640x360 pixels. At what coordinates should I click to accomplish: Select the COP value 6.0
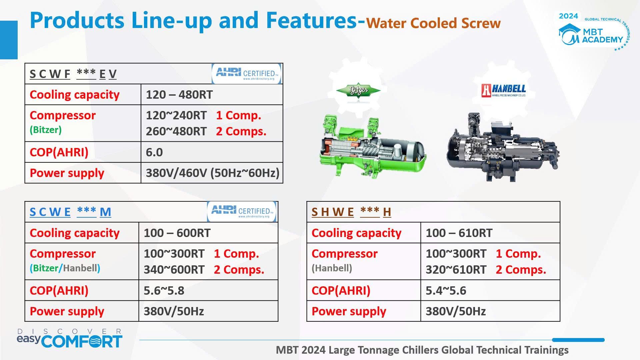tap(154, 152)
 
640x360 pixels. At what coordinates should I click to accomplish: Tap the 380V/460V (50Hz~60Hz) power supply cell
tap(212, 173)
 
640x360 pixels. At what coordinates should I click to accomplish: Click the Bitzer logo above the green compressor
tap(358, 90)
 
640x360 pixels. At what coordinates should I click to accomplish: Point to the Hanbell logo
tap(503, 90)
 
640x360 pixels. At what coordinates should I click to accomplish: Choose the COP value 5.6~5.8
tap(164, 291)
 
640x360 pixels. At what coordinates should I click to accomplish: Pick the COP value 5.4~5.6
tap(446, 291)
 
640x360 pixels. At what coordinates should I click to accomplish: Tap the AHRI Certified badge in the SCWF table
tap(247, 74)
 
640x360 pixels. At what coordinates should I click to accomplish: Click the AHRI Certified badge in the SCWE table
tap(242, 212)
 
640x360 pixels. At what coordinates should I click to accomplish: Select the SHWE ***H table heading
tap(351, 212)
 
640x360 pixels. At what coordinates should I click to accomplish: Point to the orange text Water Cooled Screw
tap(433, 23)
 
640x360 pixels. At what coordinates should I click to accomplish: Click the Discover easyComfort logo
tap(70, 338)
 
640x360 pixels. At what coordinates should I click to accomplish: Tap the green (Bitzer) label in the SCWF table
tap(46, 130)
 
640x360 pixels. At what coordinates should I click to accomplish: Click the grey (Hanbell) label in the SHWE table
tap(332, 268)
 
